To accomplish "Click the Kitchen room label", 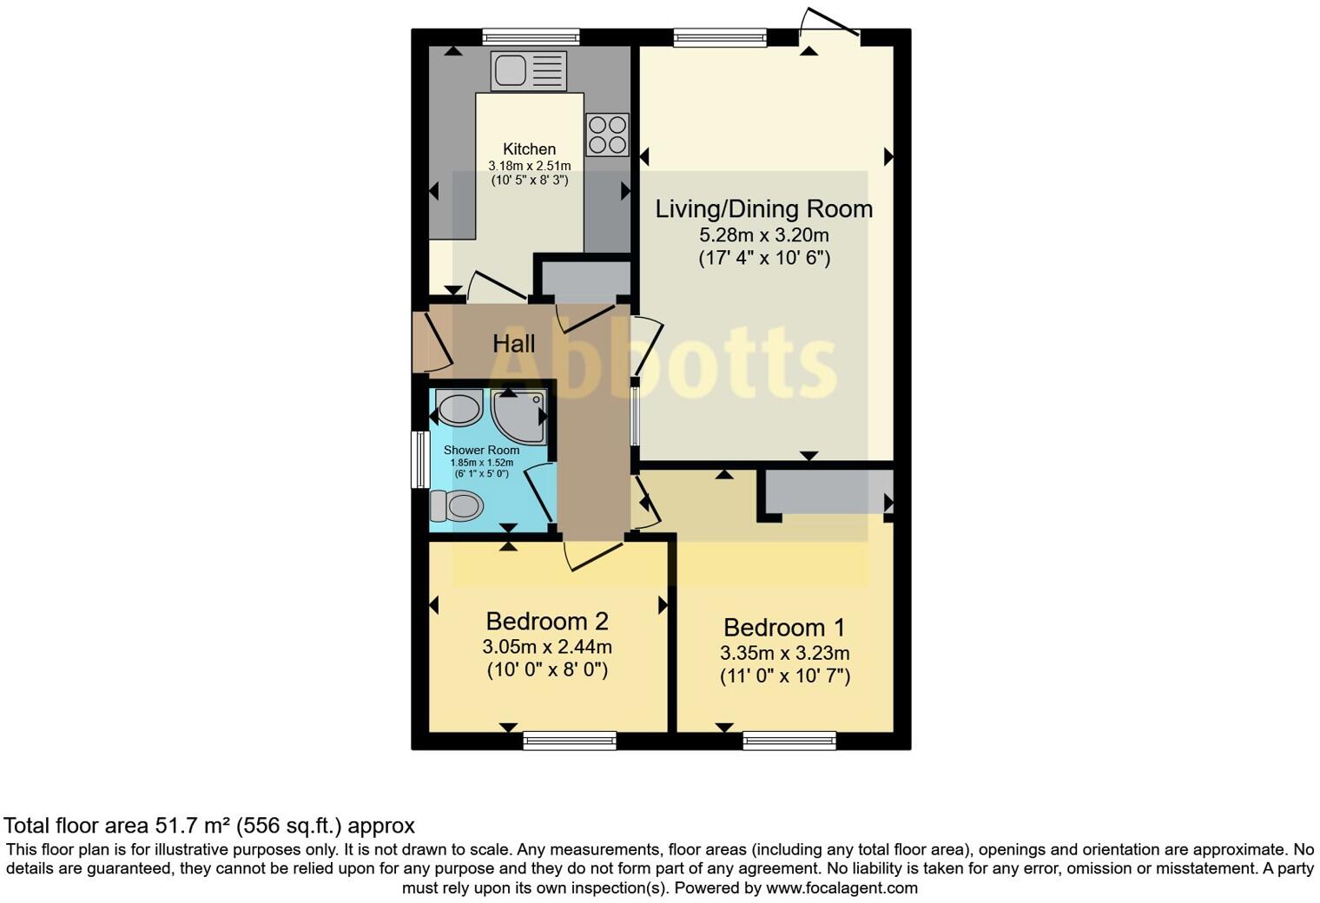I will tap(529, 149).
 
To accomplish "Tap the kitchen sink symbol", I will tap(528, 70).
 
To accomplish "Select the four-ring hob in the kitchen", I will tap(607, 135).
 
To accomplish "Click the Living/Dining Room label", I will tap(763, 209).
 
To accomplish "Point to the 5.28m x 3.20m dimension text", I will tap(763, 235).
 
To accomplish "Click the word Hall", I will tap(514, 344).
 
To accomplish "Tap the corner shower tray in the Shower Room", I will tap(519, 415).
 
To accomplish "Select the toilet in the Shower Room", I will tap(457, 505).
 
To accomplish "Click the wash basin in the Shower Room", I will tap(459, 408).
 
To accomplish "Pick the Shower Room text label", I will tap(481, 450).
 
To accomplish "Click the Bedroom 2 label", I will tap(546, 622).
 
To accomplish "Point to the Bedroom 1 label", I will tap(784, 628).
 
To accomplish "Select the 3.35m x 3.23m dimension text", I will tap(784, 653).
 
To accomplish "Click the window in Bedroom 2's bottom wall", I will tap(570, 741).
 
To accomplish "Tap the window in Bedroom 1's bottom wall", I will tap(789, 741).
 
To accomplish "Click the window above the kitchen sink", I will tap(531, 36).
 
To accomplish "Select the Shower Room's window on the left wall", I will tap(420, 459).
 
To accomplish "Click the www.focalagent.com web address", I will tap(841, 888).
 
